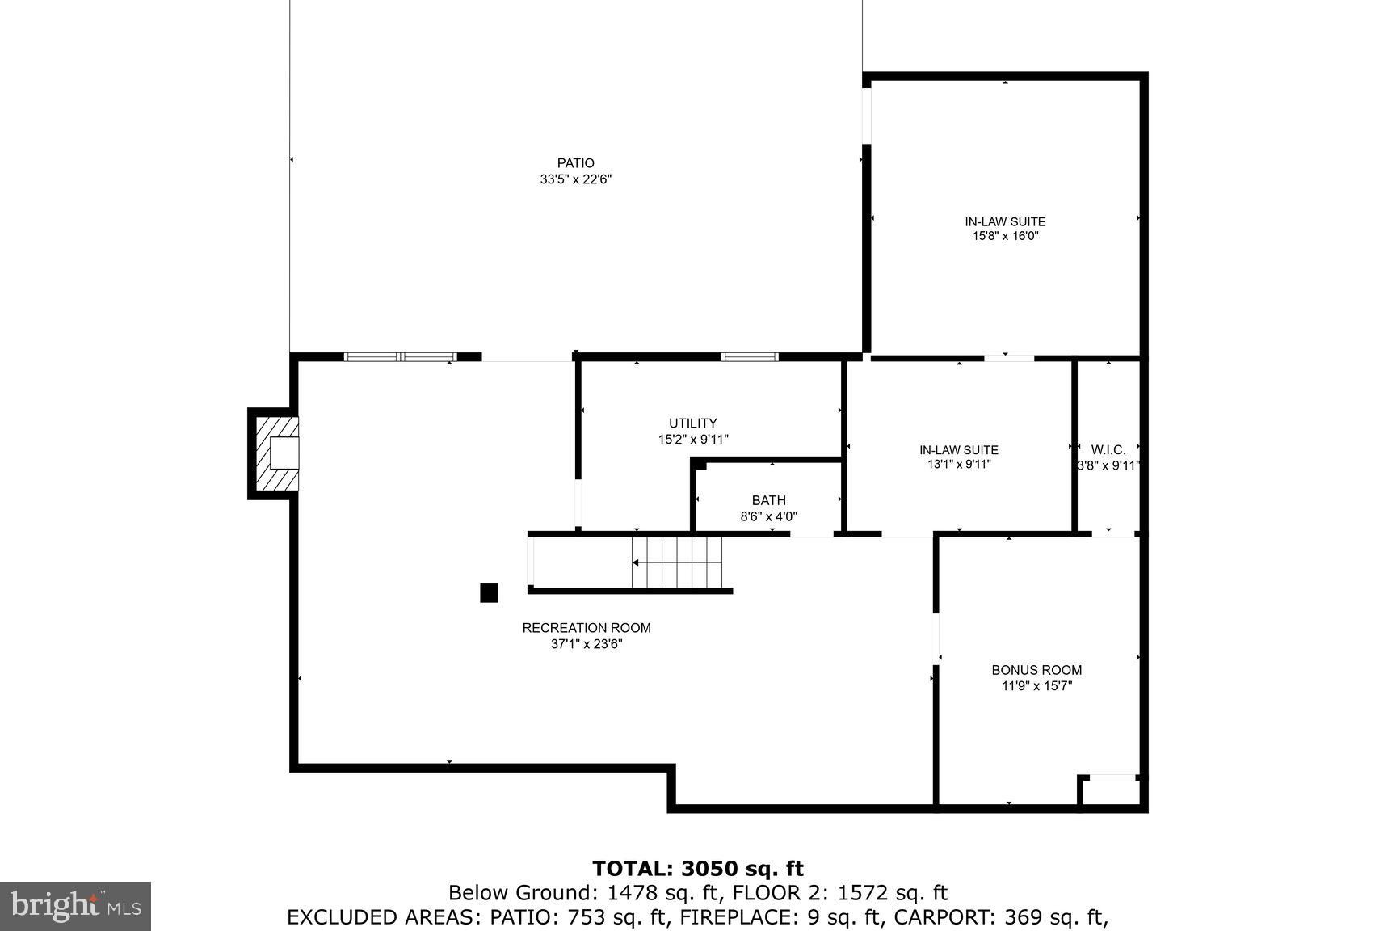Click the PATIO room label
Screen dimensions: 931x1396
tap(575, 163)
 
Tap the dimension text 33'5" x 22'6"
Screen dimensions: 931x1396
tap(575, 180)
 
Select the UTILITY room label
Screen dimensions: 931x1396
tap(692, 423)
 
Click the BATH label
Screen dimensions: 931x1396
tap(768, 501)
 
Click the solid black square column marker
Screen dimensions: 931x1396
tap(489, 593)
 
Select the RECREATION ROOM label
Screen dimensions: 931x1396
tap(586, 628)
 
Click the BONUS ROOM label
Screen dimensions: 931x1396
tap(1036, 670)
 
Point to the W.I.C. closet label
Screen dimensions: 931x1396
tap(1108, 450)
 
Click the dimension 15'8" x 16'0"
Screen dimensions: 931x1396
tap(1005, 237)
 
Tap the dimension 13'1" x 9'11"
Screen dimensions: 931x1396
tap(958, 465)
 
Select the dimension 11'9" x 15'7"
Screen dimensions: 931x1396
tap(1036, 686)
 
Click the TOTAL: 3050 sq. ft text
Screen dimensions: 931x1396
tap(698, 869)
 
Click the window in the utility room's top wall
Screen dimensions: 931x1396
tap(750, 356)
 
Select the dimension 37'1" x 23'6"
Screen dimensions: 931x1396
tap(586, 644)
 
